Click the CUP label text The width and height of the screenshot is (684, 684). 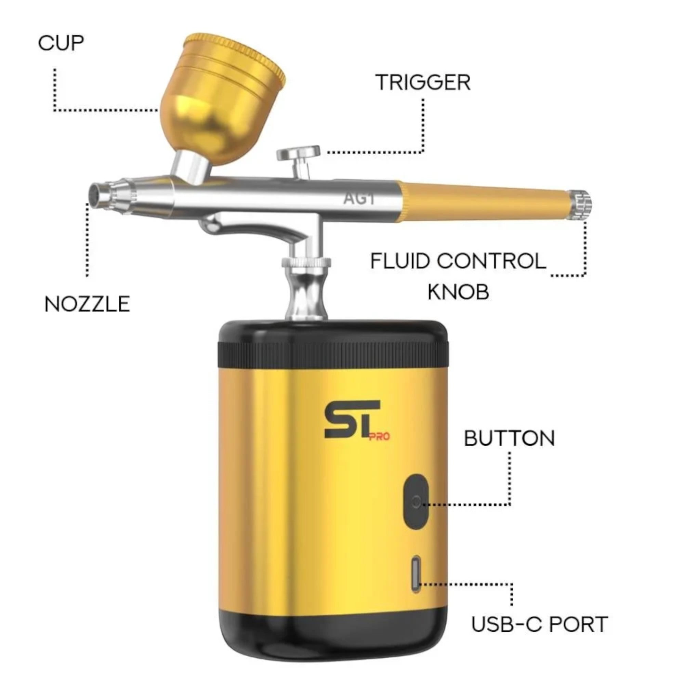click(x=61, y=43)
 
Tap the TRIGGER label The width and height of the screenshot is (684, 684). click(x=423, y=82)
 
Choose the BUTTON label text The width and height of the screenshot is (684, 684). click(x=509, y=438)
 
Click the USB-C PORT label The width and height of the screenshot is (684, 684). click(x=540, y=624)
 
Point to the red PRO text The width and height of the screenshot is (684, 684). click(x=379, y=436)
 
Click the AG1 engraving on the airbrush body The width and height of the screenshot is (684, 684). click(x=359, y=199)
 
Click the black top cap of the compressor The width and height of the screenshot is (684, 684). click(x=333, y=345)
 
